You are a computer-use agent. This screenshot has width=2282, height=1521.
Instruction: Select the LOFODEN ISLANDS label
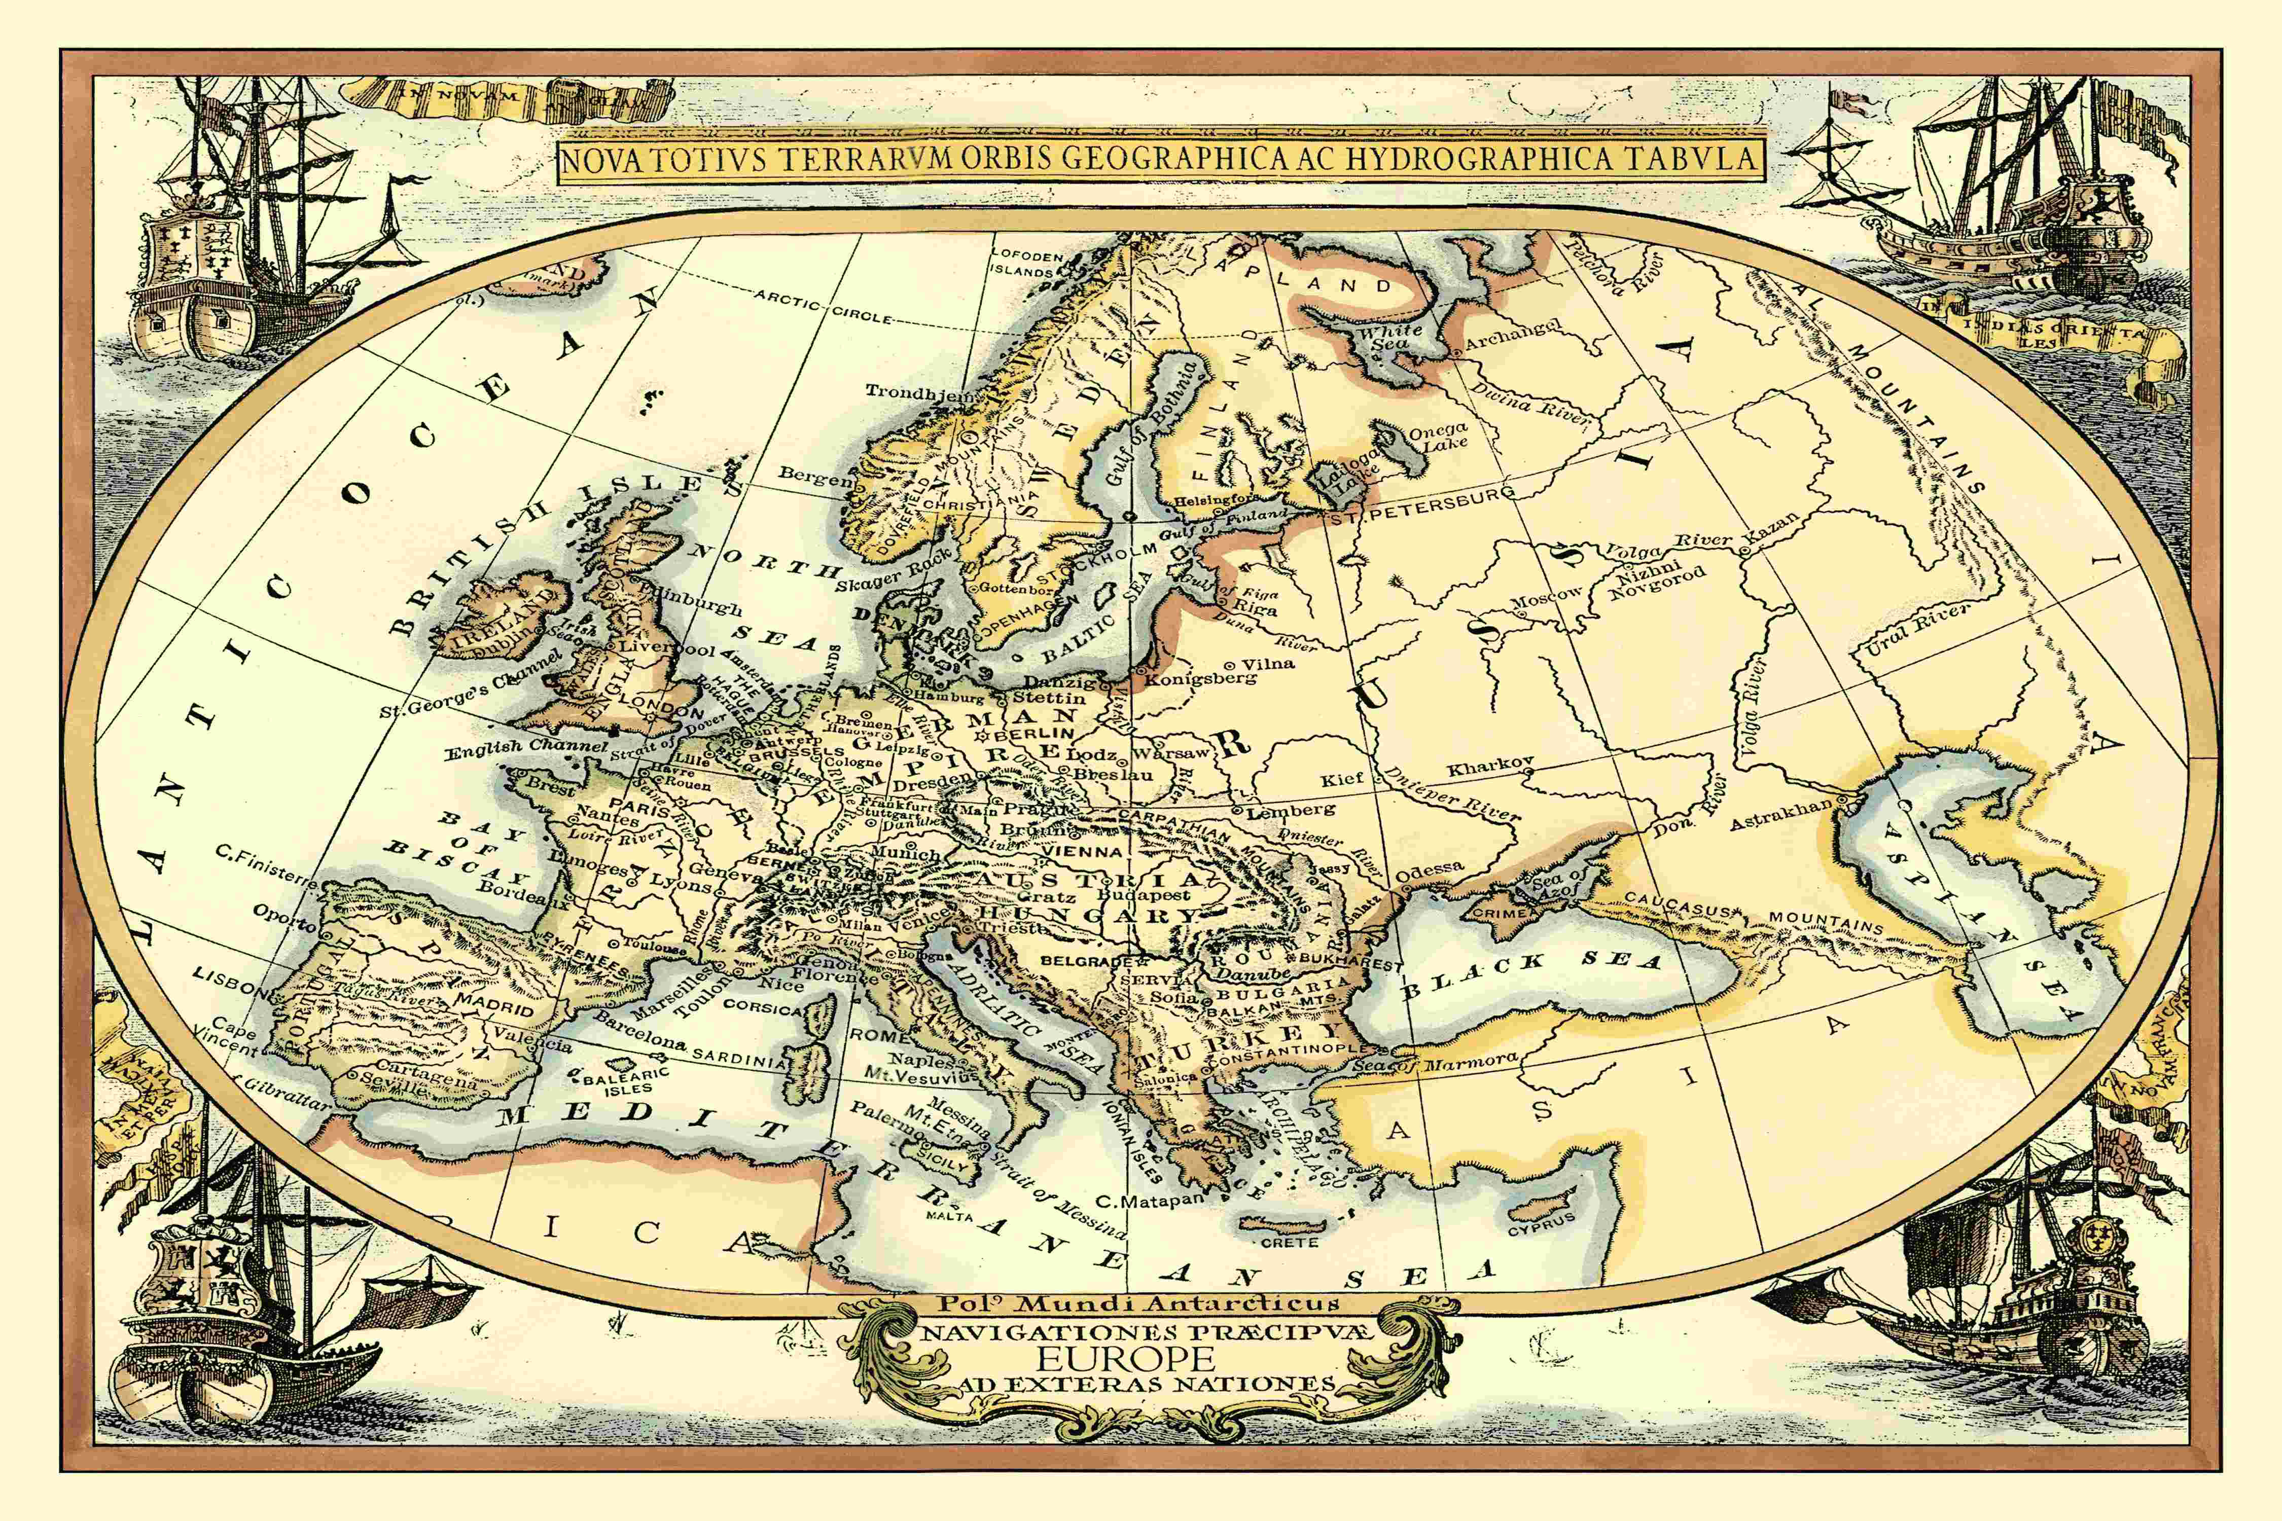point(1026,264)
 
